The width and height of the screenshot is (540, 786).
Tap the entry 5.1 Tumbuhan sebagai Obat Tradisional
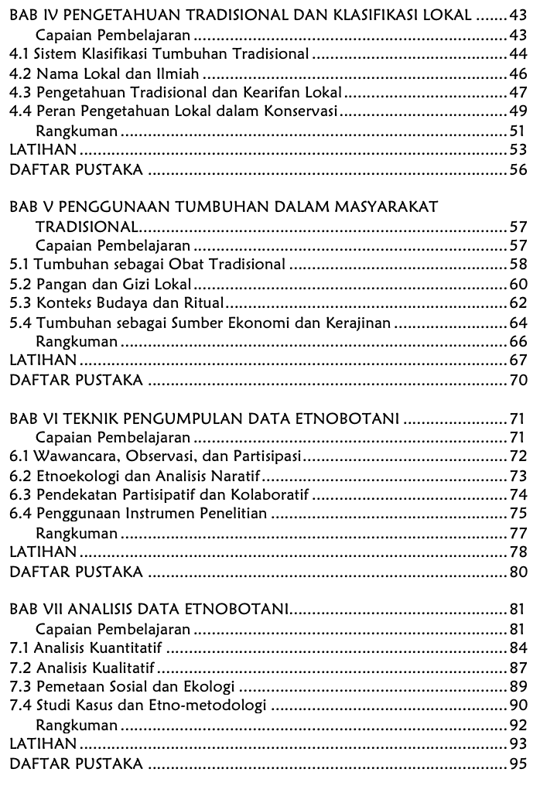coord(147,265)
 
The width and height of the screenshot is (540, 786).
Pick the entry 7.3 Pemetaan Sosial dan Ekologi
coord(124,685)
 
